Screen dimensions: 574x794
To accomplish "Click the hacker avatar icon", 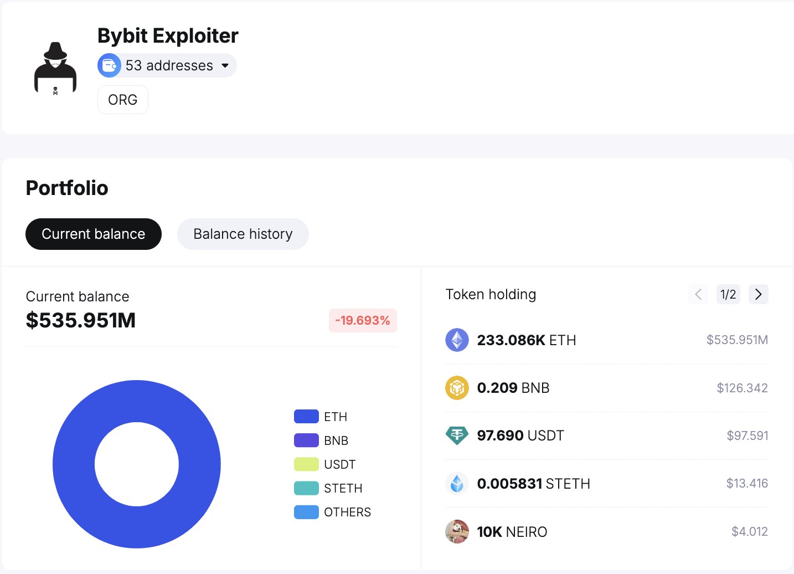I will click(x=55, y=68).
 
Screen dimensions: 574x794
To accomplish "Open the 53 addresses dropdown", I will click(x=167, y=65).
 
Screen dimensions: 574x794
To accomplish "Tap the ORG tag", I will click(x=122, y=100).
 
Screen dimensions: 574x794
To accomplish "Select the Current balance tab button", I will click(x=94, y=234).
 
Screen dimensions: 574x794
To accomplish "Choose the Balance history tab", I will click(x=243, y=234).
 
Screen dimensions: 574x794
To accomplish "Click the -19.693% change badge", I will click(x=363, y=320).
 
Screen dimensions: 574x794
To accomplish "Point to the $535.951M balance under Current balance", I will click(x=81, y=320).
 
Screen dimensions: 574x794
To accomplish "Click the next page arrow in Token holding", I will click(x=758, y=294).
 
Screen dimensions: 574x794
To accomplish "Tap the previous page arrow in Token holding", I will click(x=698, y=294).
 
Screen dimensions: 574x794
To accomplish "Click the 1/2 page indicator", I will click(x=728, y=294).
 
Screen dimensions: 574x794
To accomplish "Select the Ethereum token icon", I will click(x=457, y=340).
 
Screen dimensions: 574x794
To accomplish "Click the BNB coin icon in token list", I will click(x=457, y=388).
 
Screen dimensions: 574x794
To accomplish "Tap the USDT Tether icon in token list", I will click(x=457, y=435).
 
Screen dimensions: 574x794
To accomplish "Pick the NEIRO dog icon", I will click(x=457, y=532).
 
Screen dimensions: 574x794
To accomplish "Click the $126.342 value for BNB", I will click(x=742, y=388).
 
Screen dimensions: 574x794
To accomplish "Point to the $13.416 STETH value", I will click(x=747, y=484).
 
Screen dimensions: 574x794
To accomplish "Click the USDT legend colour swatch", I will click(x=306, y=464).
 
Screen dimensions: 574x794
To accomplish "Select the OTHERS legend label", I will click(x=347, y=512).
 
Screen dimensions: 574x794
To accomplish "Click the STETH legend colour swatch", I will click(x=306, y=488).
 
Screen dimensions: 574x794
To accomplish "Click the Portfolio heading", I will click(x=67, y=188).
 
